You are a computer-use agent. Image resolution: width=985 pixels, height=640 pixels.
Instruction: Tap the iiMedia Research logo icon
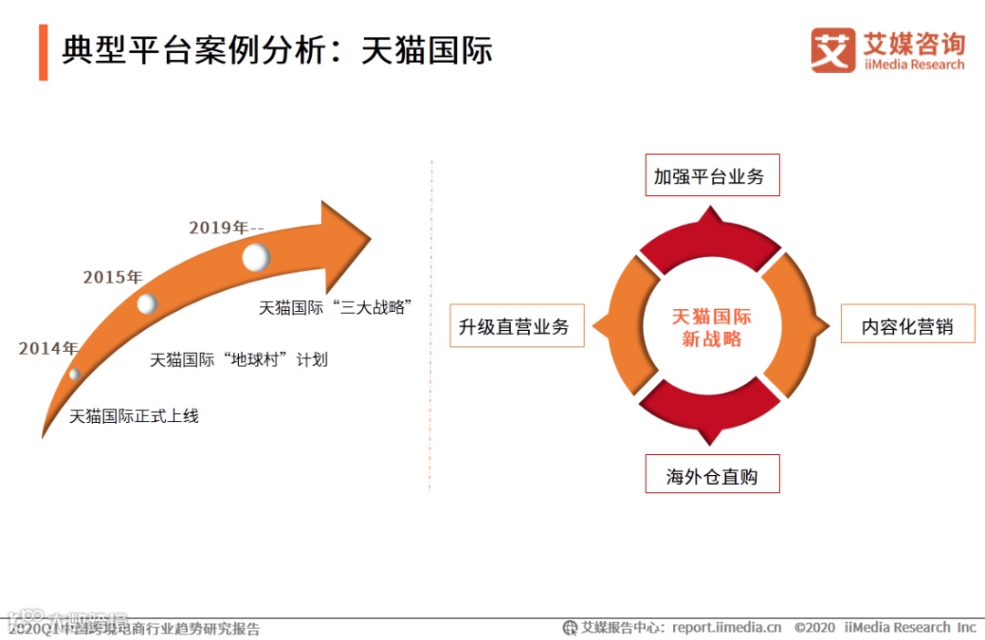(x=833, y=50)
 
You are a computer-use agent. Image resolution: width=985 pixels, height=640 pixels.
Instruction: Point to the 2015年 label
(x=113, y=277)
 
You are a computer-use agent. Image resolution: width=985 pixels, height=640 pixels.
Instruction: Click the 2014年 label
(x=48, y=348)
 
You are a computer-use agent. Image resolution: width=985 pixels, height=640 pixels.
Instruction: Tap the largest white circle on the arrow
(x=256, y=257)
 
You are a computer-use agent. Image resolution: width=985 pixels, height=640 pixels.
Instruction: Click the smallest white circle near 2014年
(x=75, y=374)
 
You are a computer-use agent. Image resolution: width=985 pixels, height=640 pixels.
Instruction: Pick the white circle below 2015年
(x=147, y=304)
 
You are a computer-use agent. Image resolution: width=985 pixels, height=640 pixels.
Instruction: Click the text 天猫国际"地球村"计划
(x=238, y=360)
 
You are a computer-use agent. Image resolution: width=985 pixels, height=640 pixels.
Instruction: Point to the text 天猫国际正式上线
(x=134, y=417)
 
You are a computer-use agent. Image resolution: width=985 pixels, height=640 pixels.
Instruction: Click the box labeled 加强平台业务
(x=710, y=176)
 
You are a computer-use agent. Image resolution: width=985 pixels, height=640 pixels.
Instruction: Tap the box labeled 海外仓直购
(x=712, y=475)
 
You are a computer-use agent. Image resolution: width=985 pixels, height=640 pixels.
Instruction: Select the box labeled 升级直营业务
(x=513, y=326)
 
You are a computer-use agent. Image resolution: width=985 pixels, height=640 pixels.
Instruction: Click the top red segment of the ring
(x=710, y=242)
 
